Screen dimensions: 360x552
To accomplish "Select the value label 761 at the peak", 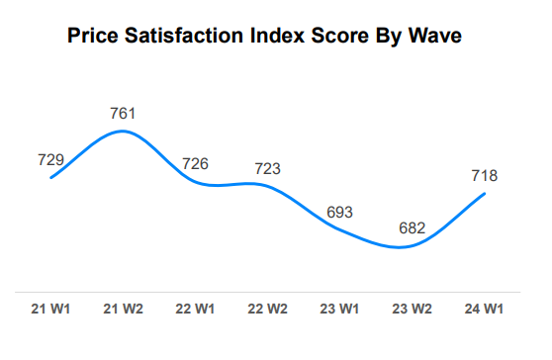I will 122,113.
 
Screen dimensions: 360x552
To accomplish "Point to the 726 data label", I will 195,163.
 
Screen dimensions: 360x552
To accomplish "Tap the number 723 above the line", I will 266,168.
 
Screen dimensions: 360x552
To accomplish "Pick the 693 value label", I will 339,213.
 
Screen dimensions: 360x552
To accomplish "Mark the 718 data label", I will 484,176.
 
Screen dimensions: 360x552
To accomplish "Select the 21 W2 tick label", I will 122,310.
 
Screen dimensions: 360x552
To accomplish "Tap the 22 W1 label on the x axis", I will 194,310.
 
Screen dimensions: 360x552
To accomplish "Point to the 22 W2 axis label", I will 266,310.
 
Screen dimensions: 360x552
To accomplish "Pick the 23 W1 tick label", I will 338,310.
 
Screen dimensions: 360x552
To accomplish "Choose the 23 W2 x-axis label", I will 412,310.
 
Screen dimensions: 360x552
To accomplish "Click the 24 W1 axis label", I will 484,310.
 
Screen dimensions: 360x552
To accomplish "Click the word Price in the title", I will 95,39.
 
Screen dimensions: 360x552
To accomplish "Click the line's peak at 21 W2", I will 121,131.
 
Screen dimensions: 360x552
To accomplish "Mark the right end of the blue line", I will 485,194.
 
